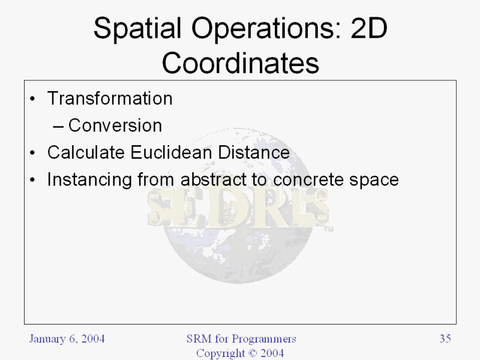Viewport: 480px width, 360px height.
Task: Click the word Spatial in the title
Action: (x=137, y=28)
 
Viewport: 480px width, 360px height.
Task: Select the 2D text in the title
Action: (x=369, y=28)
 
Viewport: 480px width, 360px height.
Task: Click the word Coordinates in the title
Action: (x=241, y=63)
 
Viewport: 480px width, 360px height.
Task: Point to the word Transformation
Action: (x=110, y=98)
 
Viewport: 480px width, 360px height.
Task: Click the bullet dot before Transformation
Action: (x=32, y=99)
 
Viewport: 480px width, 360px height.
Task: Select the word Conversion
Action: (x=115, y=125)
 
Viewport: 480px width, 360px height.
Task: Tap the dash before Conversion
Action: (x=58, y=127)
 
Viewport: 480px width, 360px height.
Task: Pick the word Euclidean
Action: (x=172, y=152)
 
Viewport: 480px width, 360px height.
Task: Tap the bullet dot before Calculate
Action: (x=32, y=153)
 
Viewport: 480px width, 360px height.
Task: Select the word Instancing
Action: (x=89, y=179)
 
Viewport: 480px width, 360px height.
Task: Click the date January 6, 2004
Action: (x=67, y=339)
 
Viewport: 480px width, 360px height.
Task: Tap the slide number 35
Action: (x=445, y=338)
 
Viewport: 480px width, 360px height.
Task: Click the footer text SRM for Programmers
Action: (x=241, y=339)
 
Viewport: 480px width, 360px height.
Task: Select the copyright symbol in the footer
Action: (x=253, y=353)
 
